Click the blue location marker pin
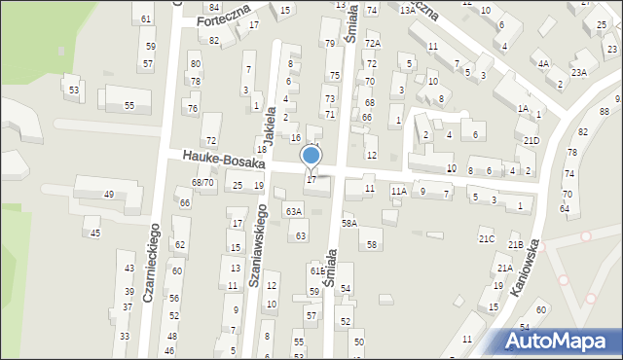point(311,156)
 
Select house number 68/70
point(202,182)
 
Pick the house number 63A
point(293,211)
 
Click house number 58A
point(348,223)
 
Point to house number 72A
point(372,44)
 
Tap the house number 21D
point(531,141)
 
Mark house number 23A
point(579,72)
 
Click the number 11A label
point(398,192)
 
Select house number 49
point(109,194)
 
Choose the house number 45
point(94,233)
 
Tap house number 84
point(214,7)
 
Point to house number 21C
point(487,238)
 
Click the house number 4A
point(543,63)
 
